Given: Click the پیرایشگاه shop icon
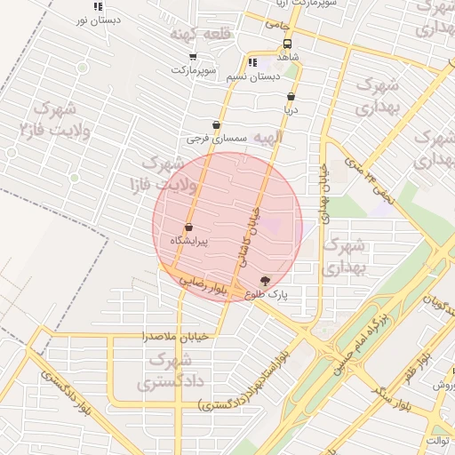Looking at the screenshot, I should coord(188,227).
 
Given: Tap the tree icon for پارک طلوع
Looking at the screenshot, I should coord(265,281).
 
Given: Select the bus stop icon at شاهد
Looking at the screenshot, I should coord(287,44).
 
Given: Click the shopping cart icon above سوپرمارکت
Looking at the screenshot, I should coord(193,57).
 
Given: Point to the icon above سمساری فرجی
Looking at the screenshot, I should coord(216,126).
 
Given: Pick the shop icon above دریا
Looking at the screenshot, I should coord(291,97).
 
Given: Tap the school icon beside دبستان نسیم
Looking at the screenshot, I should coord(252,63).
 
